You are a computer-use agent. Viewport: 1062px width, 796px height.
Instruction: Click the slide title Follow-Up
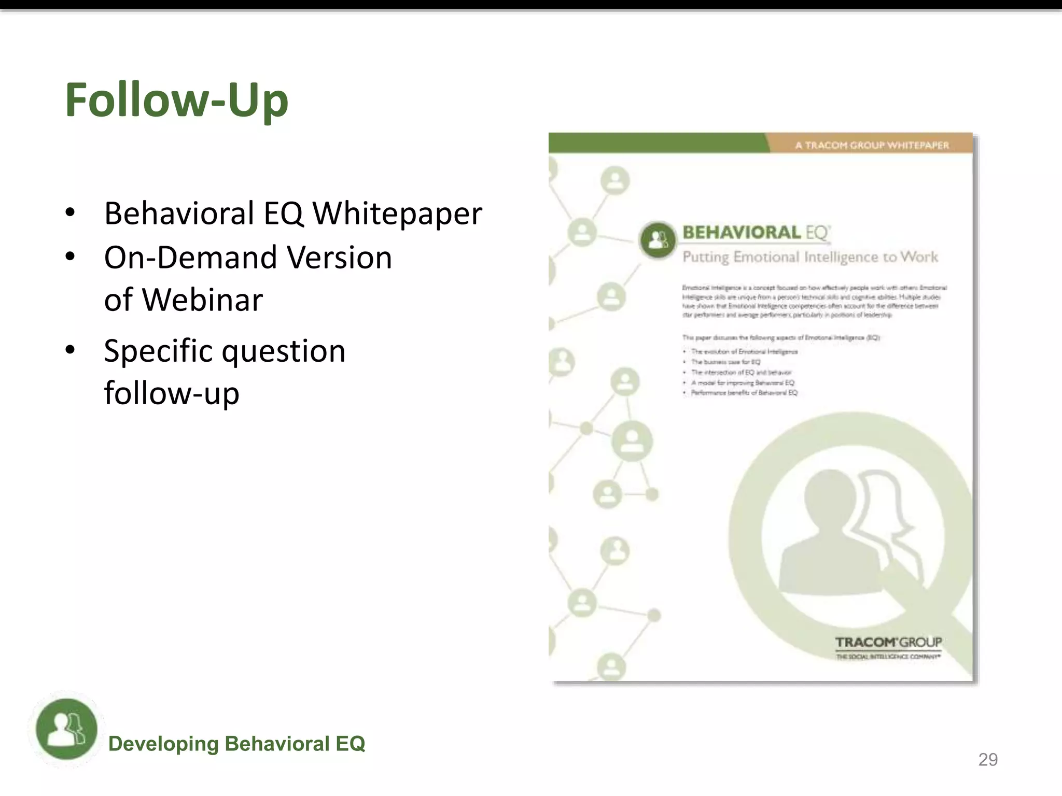click(x=176, y=100)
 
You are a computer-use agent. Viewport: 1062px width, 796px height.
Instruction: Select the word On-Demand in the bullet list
click(x=189, y=258)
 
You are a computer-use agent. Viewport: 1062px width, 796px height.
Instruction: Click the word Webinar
click(x=202, y=300)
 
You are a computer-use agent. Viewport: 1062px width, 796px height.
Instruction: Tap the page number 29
click(x=987, y=760)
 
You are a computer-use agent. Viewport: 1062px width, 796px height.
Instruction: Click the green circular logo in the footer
click(x=66, y=729)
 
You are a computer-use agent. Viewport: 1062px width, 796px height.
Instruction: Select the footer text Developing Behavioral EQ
click(x=236, y=744)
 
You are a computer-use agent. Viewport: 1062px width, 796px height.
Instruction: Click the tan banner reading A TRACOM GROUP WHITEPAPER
click(x=871, y=145)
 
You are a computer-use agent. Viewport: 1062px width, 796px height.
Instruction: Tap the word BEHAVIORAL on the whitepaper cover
click(x=742, y=233)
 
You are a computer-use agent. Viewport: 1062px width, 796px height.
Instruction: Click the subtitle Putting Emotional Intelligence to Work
click(x=810, y=257)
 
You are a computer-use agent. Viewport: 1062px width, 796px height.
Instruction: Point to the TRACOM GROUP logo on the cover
click(x=888, y=646)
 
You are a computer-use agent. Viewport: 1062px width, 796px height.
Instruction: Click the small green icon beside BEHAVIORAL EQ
click(x=658, y=239)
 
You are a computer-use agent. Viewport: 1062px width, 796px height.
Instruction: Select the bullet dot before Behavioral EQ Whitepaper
click(x=70, y=213)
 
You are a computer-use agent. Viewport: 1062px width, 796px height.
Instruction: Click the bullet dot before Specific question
click(x=70, y=350)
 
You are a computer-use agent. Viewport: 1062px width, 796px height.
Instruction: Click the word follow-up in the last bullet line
click(x=172, y=393)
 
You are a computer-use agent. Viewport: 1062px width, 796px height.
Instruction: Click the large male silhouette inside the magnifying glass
click(x=830, y=534)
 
